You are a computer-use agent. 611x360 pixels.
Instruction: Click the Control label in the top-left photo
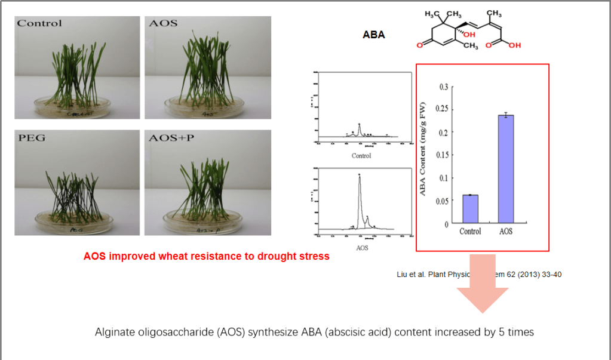[39, 23]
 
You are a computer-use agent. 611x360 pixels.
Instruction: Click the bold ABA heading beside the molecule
[374, 35]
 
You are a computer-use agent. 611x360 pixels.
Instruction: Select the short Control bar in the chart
[470, 209]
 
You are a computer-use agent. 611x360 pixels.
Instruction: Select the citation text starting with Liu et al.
[478, 275]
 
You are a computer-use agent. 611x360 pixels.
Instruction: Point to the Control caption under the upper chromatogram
[361, 156]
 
